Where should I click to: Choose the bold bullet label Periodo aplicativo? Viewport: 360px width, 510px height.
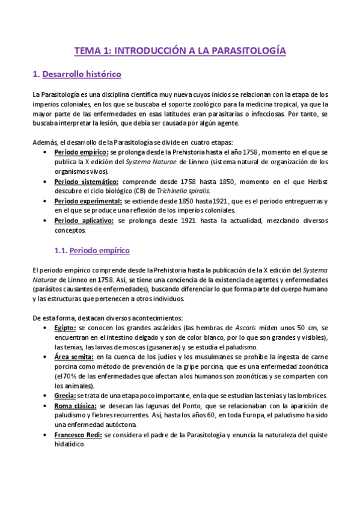pos(84,221)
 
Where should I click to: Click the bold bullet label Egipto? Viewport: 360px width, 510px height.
pos(64,328)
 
